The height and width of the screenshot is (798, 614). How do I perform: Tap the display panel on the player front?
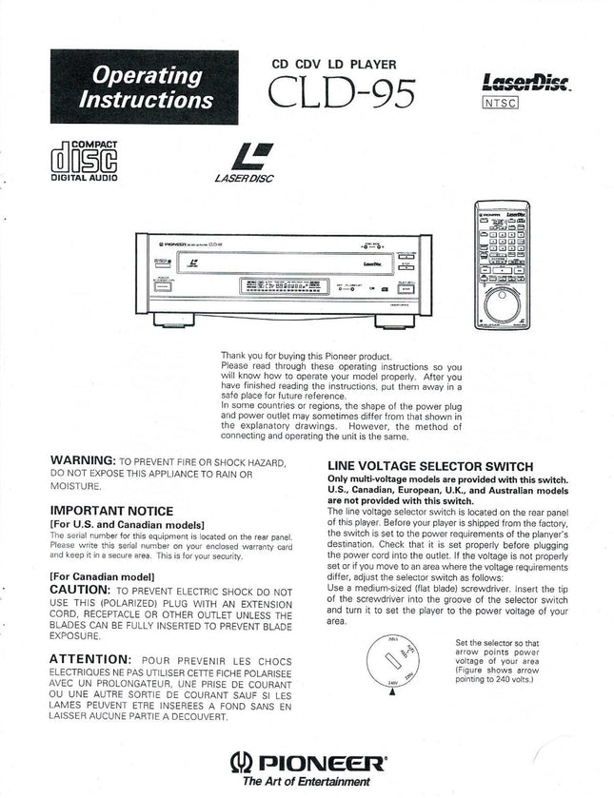click(277, 284)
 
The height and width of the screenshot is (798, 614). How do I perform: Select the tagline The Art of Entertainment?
click(306, 783)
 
